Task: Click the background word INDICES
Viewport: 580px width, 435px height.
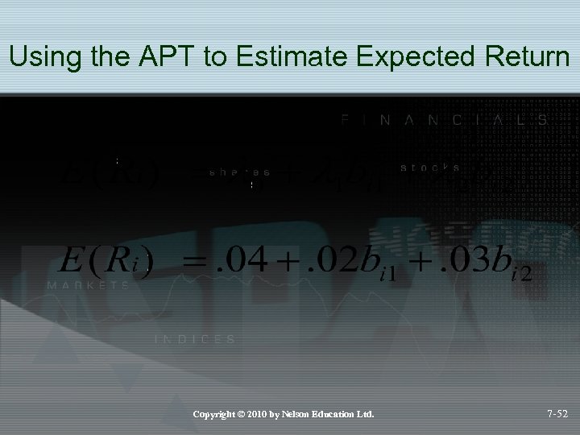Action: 195,340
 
